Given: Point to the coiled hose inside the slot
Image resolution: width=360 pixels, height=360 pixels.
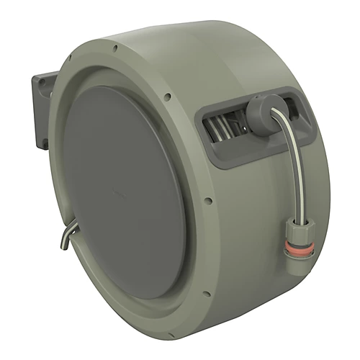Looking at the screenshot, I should pos(223,128).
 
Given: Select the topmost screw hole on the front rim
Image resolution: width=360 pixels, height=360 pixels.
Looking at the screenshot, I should pos(114,48).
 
